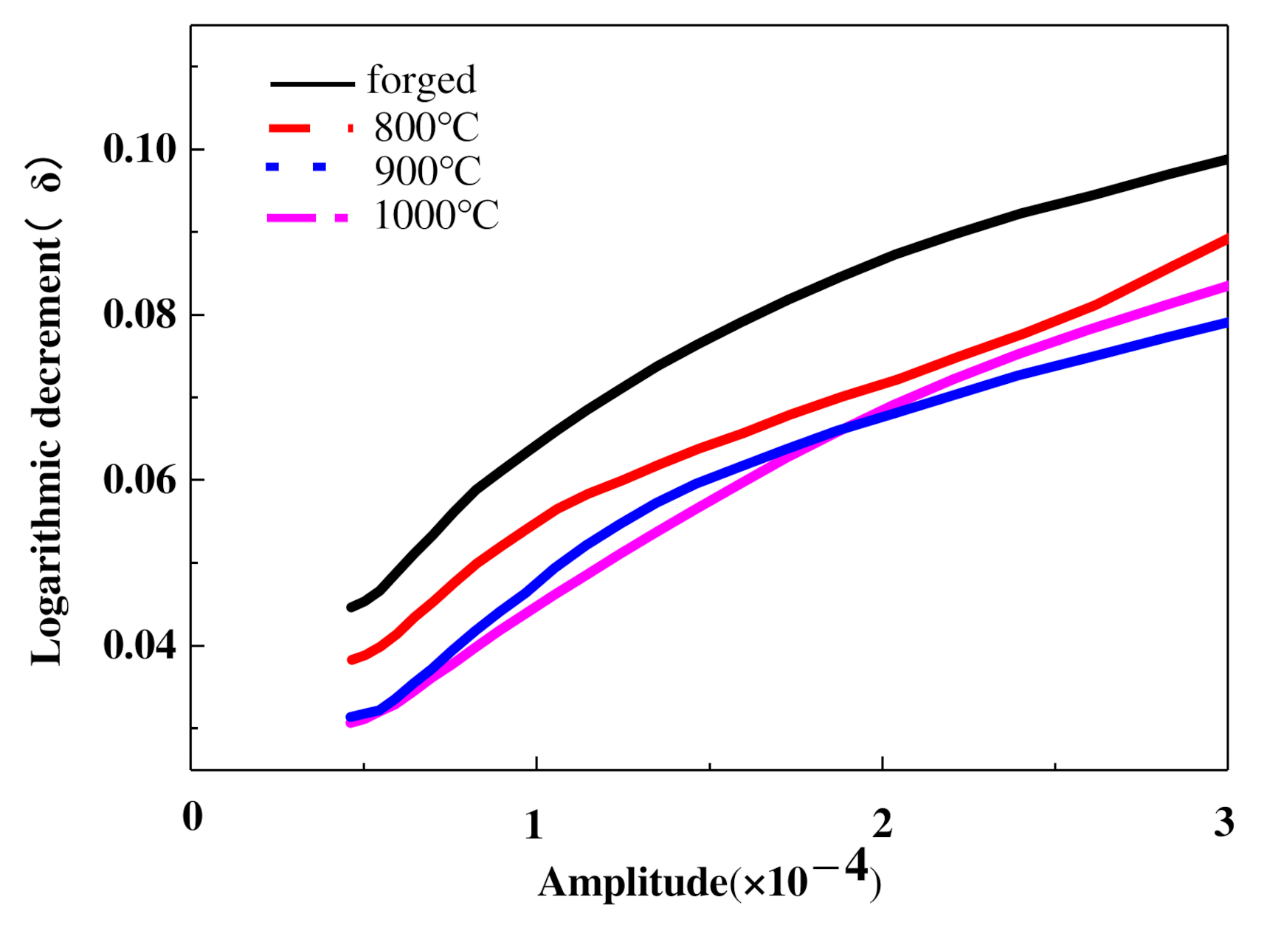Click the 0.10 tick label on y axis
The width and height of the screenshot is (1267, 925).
140,149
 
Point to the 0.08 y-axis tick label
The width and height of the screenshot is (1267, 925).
140,314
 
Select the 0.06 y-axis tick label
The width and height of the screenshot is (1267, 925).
140,481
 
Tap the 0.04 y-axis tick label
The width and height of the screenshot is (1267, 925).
140,646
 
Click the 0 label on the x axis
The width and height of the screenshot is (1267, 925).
193,817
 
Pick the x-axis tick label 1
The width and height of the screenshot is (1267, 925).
534,825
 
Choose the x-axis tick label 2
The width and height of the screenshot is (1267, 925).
883,823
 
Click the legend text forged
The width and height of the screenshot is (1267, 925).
421,80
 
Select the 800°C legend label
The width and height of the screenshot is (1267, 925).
427,128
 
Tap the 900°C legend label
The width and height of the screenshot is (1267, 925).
427,171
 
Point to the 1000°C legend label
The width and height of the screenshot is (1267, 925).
436,216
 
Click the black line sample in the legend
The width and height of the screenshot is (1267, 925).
312,84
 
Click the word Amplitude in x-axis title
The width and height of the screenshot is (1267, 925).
632,883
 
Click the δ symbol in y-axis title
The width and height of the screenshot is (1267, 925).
49,177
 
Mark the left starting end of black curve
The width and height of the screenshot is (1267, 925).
351,608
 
